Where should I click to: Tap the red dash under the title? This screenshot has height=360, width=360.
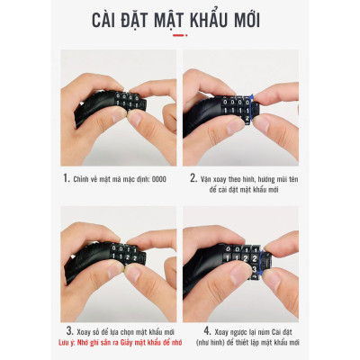point(179,36)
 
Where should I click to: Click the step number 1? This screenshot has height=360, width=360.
point(67,178)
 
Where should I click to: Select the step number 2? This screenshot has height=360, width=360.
point(193,178)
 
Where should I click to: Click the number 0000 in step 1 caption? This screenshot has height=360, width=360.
point(157,178)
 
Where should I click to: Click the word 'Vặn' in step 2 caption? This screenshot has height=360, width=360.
point(209,178)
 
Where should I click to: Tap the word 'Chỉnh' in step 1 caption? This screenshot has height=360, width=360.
point(85,178)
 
